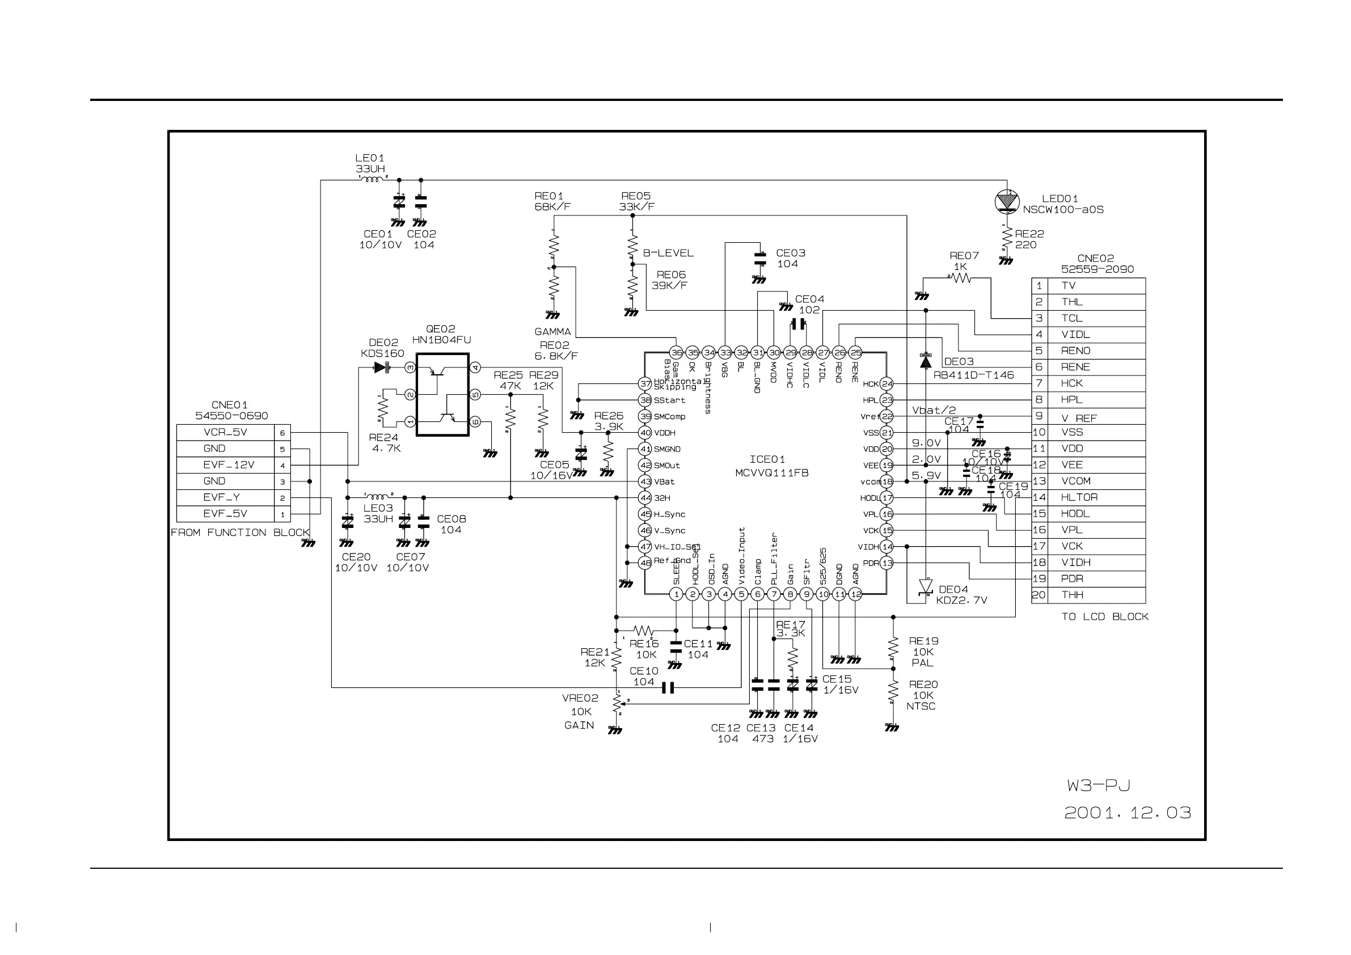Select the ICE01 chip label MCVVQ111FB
771,473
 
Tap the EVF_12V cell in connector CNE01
229,465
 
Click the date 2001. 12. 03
1128,813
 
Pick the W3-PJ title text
1099,785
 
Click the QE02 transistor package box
442,394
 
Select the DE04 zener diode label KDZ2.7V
961,600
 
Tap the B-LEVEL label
668,253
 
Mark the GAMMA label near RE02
552,332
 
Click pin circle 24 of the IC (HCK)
886,384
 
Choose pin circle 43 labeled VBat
645,481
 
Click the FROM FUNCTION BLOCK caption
240,533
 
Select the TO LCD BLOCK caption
1105,616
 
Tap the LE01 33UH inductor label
370,163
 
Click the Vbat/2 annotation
934,410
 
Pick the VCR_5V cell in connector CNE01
225,433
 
